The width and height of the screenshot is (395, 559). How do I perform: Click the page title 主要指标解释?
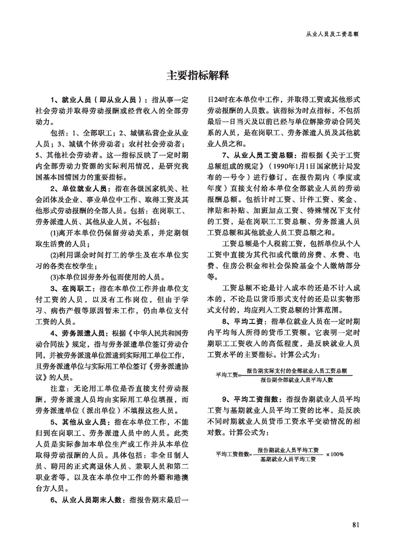[197, 75]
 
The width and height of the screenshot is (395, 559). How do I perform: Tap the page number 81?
[355, 524]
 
